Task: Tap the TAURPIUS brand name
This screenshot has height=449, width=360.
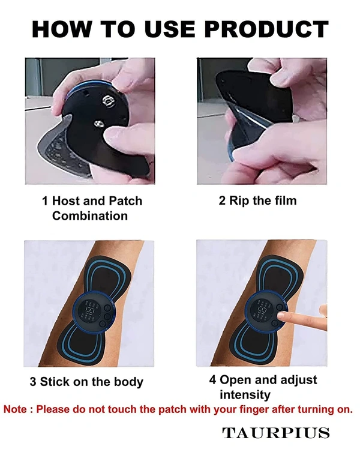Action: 276,433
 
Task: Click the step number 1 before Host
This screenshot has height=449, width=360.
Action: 46,201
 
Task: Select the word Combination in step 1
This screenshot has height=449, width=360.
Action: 90,215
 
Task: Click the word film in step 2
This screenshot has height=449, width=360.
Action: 283,200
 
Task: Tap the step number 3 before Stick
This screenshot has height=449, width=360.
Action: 34,382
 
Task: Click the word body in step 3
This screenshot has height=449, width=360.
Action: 128,382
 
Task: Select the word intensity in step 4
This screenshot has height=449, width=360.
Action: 244,395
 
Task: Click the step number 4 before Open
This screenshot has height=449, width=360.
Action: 212,380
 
